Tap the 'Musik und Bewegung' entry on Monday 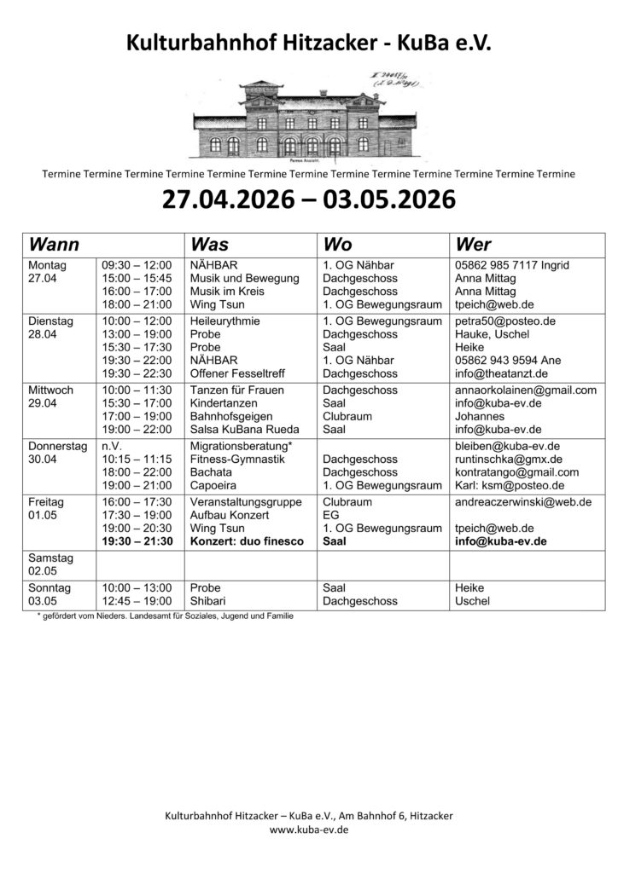coord(244,278)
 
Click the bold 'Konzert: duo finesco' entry coord(246,541)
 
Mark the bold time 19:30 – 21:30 coord(137,541)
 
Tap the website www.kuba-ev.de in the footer coord(308,829)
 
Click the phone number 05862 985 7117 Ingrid coord(512,265)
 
